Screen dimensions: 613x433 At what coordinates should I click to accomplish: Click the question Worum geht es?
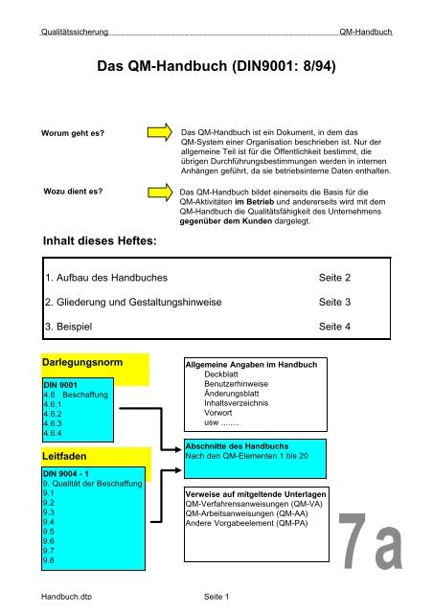tap(72, 131)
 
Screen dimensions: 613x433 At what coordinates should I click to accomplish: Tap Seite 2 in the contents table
tap(333, 278)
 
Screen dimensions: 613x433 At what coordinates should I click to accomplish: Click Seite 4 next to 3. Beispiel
tap(333, 328)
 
